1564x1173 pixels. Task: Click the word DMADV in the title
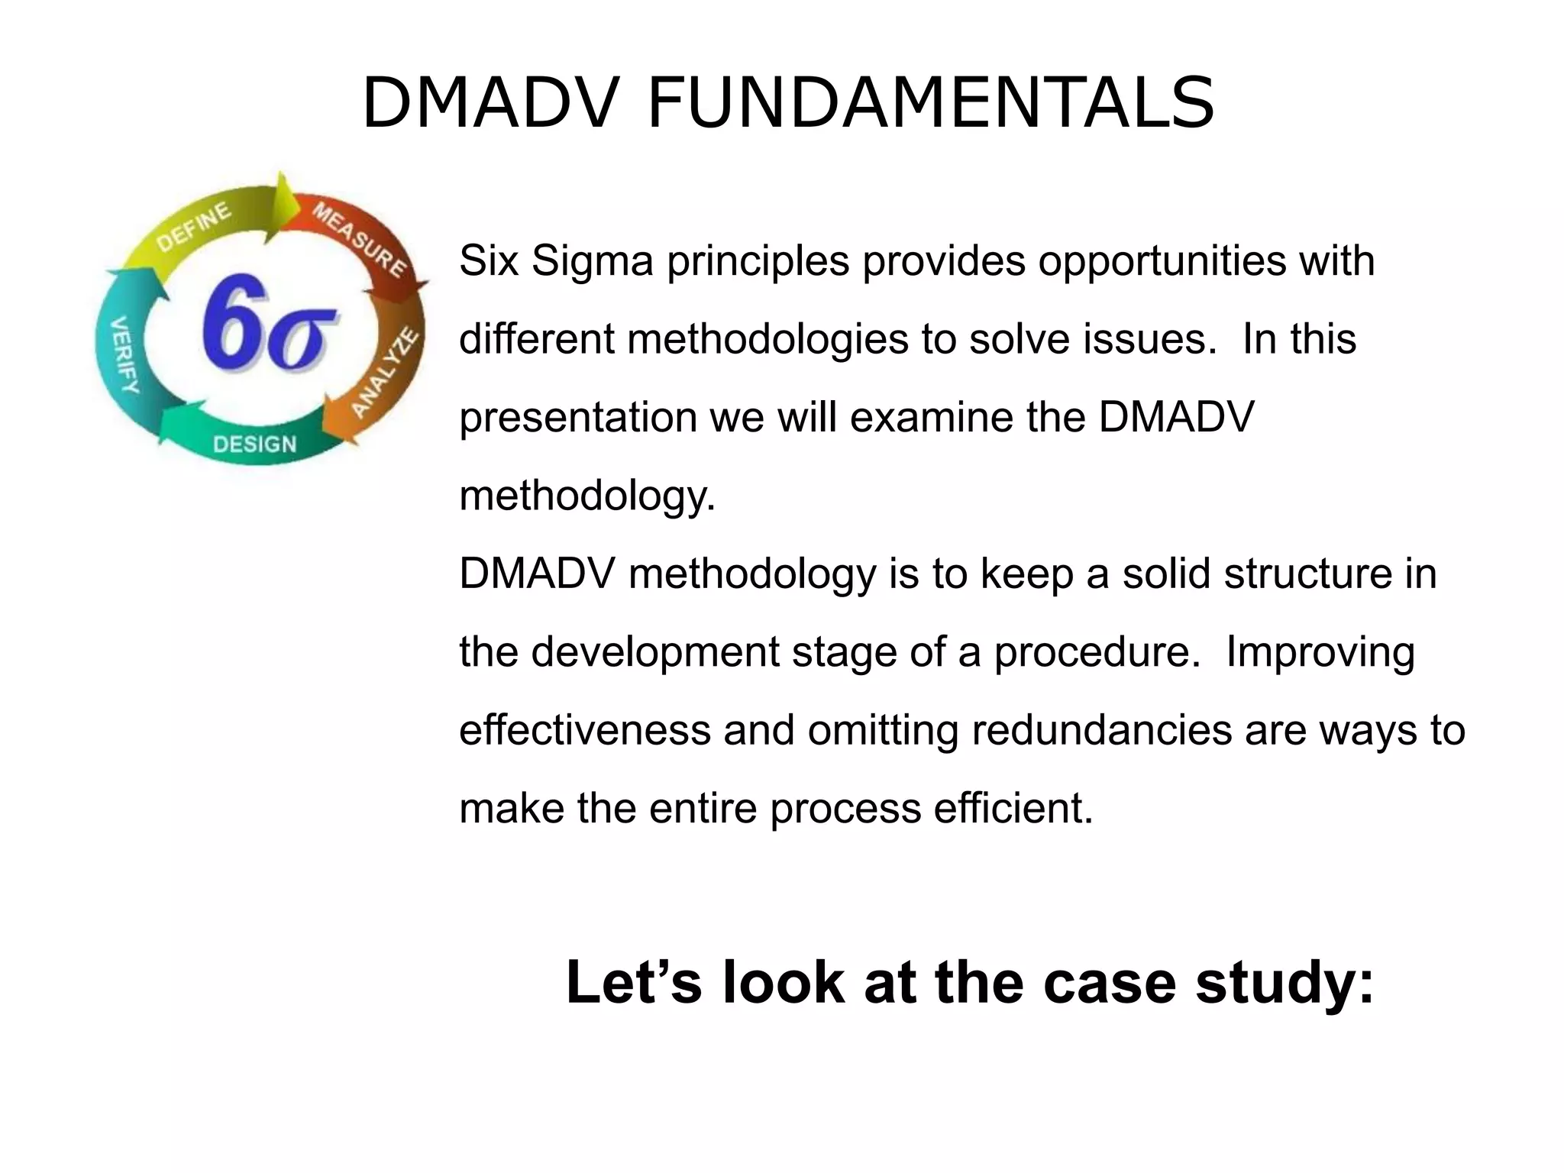click(x=489, y=103)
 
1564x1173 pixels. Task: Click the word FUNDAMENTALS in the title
click(x=930, y=103)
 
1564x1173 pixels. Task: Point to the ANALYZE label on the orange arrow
click(x=386, y=373)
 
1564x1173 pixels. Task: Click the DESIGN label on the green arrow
click(x=254, y=444)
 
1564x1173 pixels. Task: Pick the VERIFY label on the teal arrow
click(x=124, y=354)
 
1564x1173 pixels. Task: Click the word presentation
click(x=578, y=418)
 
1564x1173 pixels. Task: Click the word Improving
click(x=1320, y=652)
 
